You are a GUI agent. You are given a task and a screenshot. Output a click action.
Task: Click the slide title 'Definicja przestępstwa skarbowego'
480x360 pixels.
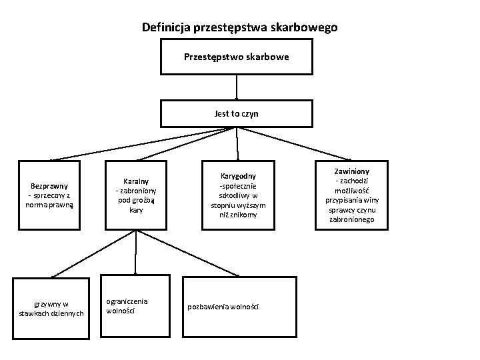point(240,27)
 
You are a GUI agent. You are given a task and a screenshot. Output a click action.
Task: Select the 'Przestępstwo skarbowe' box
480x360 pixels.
point(237,57)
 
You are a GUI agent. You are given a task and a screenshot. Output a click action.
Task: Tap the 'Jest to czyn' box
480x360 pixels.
point(237,113)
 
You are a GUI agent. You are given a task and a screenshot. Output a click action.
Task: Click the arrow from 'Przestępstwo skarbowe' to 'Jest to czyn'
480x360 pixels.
point(237,87)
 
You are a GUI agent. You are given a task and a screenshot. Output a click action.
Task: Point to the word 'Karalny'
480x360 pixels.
point(137,180)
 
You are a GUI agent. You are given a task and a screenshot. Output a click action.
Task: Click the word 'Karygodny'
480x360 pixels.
point(238,176)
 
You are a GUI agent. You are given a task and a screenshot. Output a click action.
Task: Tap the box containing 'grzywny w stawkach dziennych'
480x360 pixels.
point(51,309)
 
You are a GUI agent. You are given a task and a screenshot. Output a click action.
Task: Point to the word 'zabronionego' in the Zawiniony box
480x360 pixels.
point(351,219)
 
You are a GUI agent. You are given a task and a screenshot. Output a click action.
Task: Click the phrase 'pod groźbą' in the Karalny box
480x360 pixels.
point(137,200)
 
